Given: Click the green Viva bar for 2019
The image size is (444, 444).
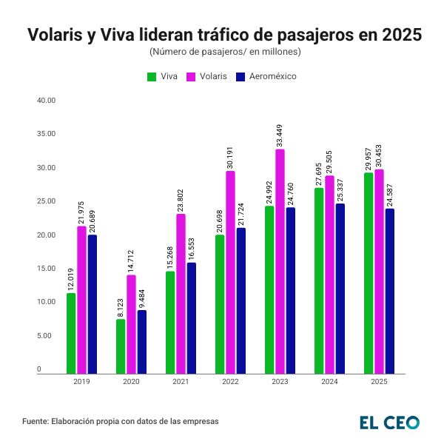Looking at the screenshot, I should [71, 333].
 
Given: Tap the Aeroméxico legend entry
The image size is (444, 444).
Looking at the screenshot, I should [266, 76].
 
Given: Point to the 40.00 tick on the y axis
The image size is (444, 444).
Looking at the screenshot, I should [47, 101].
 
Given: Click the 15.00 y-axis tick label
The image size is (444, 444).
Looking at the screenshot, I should [47, 269].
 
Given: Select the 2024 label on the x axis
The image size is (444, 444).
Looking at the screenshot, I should [329, 382].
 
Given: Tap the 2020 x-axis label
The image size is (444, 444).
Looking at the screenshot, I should [131, 382].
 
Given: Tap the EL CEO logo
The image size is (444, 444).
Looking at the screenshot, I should [389, 422].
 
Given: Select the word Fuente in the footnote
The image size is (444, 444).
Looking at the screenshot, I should [36, 421].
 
